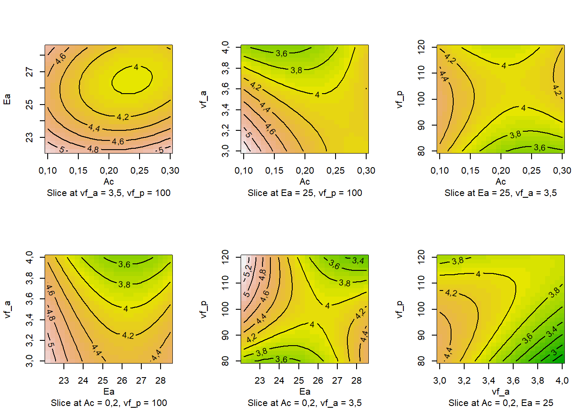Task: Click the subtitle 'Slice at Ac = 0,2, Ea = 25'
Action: (x=500, y=403)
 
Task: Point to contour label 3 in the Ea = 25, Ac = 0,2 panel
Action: (x=554, y=352)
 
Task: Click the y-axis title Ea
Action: (x=7, y=99)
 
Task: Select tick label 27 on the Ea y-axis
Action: (x=29, y=72)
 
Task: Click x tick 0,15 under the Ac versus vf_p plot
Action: (x=470, y=171)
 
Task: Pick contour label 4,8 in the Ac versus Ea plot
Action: (x=93, y=149)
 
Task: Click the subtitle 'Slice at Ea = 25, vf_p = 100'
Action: (x=304, y=193)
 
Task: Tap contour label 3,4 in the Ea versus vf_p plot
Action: (x=358, y=261)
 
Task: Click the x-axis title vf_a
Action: (x=500, y=392)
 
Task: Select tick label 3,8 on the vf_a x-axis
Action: (x=538, y=381)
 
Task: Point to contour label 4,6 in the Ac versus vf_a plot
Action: (x=270, y=129)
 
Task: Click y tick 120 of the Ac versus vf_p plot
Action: (x=421, y=46)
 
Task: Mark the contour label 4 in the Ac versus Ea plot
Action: (x=136, y=67)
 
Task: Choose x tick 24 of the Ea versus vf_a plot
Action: (x=83, y=381)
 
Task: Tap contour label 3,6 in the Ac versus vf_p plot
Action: (x=539, y=148)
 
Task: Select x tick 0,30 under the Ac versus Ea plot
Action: (x=170, y=171)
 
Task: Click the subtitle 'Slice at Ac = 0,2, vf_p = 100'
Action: (x=108, y=403)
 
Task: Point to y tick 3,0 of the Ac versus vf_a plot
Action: (x=225, y=150)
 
